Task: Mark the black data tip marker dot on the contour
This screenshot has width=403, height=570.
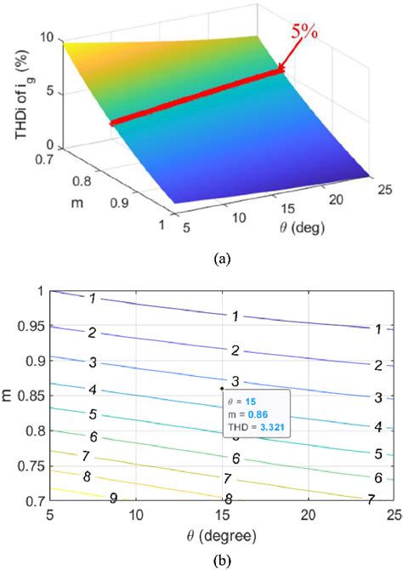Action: coord(222,390)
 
